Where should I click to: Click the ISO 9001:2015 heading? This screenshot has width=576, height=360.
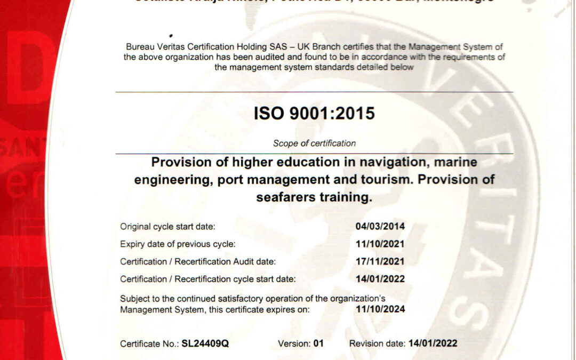coord(314,114)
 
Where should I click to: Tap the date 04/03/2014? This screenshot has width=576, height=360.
coord(380,227)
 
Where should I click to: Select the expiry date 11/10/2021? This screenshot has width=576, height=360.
coord(380,244)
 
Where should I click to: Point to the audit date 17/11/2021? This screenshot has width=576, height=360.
coord(380,262)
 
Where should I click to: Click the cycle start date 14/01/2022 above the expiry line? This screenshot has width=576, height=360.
coord(380,279)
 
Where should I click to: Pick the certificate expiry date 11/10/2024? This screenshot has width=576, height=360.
coord(380,309)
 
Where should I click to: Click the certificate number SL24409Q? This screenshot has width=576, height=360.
coord(205,344)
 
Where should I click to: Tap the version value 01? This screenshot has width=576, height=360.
coord(318,344)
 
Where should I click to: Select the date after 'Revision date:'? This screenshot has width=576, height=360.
coord(433,344)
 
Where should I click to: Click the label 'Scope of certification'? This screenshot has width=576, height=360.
coord(314,143)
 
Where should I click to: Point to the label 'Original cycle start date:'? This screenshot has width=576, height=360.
coord(167,227)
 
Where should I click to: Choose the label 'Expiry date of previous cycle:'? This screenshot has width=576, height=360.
coord(178,244)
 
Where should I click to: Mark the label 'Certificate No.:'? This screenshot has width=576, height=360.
coord(149,344)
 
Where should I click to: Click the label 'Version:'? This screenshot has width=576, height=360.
coord(293,344)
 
